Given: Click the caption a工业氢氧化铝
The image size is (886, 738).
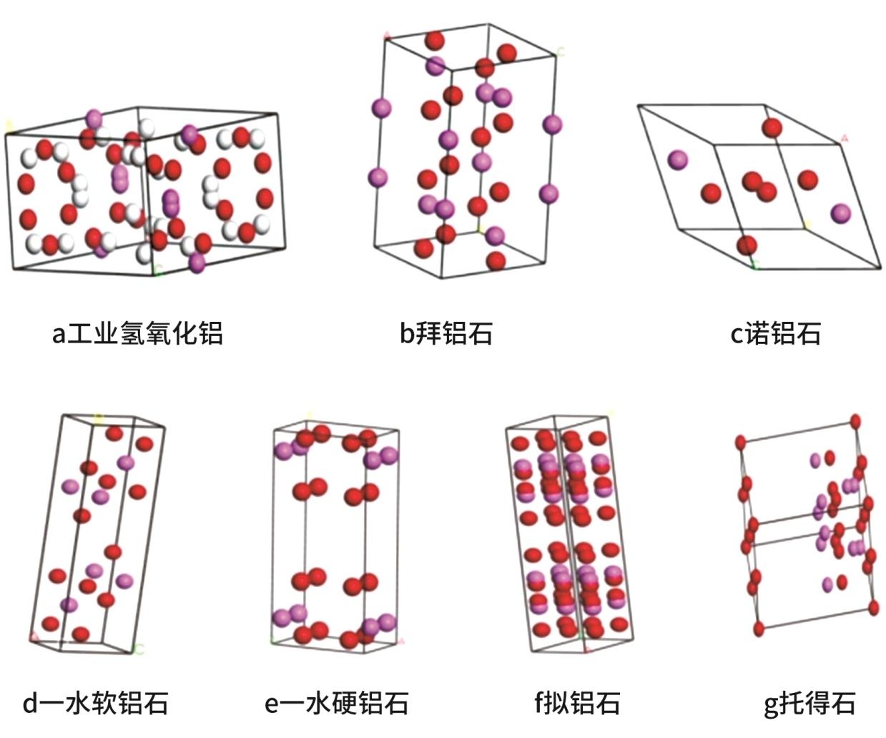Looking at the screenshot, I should pyautogui.click(x=137, y=333).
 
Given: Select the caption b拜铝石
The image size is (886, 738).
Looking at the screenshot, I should pyautogui.click(x=446, y=333).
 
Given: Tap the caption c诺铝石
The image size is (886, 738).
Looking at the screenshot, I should pyautogui.click(x=775, y=333).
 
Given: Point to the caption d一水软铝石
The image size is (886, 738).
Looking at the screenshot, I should pyautogui.click(x=95, y=703).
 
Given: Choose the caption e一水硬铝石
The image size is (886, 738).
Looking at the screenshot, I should pyautogui.click(x=336, y=703).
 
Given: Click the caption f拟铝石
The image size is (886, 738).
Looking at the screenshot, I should pyautogui.click(x=576, y=703).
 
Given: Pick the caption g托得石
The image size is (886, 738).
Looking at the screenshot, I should pyautogui.click(x=809, y=703).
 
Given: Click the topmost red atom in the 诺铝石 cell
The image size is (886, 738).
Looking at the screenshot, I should pyautogui.click(x=772, y=128).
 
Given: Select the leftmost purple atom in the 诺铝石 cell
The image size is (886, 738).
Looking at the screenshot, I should pyautogui.click(x=678, y=160).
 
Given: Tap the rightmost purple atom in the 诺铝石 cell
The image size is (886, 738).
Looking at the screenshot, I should pyautogui.click(x=841, y=212).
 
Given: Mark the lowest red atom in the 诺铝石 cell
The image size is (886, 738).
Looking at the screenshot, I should pyautogui.click(x=746, y=245).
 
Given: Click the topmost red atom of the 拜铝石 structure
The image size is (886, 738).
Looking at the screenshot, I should pyautogui.click(x=434, y=40).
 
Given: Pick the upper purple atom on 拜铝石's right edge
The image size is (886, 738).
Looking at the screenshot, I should pyautogui.click(x=552, y=124).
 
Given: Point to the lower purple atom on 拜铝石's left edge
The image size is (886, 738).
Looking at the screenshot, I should pyautogui.click(x=378, y=177).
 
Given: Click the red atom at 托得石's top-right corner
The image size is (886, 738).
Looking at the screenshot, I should pyautogui.click(x=855, y=421).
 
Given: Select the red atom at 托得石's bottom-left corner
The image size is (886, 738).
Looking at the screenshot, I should pyautogui.click(x=759, y=629).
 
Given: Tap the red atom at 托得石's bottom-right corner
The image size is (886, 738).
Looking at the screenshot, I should pyautogui.click(x=874, y=608).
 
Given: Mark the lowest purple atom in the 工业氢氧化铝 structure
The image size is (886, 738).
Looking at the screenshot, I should pyautogui.click(x=197, y=262).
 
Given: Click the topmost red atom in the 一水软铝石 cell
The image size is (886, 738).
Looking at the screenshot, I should pyautogui.click(x=114, y=433).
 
